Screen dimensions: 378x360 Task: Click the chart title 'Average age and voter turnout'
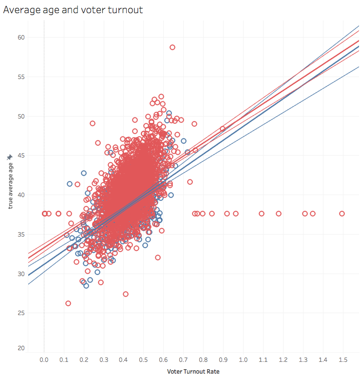coord(73,10)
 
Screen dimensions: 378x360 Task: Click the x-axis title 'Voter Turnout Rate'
coord(193,371)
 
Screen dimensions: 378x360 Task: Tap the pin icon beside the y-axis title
coord(9,157)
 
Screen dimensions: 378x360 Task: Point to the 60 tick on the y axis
coord(21,37)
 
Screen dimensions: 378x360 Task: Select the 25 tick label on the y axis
coord(21,313)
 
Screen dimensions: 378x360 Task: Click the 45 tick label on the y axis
coord(21,155)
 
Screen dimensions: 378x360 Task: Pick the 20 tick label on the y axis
coord(21,348)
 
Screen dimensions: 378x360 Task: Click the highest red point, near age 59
coord(172,47)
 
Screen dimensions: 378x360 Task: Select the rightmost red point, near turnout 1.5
coord(342,214)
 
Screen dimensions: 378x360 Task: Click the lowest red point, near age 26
coord(68,303)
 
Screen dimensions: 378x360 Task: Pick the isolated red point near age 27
coord(126,294)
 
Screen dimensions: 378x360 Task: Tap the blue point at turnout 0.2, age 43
coord(84,173)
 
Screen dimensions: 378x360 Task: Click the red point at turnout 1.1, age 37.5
coord(262,214)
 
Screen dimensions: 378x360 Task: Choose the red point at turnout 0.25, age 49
coord(93,123)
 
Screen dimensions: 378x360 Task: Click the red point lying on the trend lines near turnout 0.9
coord(223,129)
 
